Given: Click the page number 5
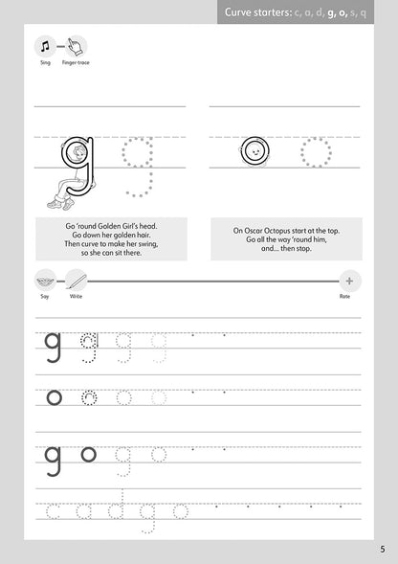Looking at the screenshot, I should (382, 549).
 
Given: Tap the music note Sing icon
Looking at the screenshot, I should (45, 46).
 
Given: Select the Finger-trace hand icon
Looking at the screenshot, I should (76, 46).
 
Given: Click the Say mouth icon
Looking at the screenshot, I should (45, 281).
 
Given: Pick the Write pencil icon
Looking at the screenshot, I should (76, 281).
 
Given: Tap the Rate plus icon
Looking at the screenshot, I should (349, 281).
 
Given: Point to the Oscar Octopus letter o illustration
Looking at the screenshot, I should (254, 151).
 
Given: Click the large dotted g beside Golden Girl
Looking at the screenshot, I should (138, 165).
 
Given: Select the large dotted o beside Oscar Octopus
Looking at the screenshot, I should (315, 151).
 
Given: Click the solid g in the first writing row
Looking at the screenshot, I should (54, 345).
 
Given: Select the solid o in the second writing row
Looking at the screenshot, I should (54, 395).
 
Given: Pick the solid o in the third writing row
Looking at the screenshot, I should (88, 454).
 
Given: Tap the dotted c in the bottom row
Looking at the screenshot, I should (53, 511).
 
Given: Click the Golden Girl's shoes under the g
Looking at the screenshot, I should (57, 202).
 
